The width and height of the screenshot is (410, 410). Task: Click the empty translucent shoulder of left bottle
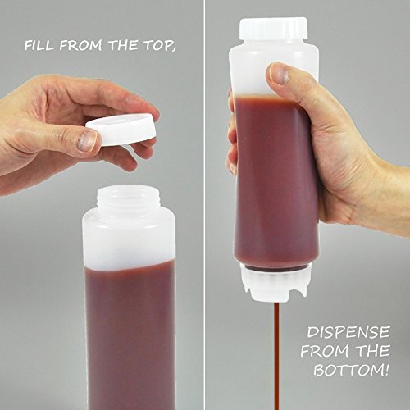(x=129, y=238)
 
